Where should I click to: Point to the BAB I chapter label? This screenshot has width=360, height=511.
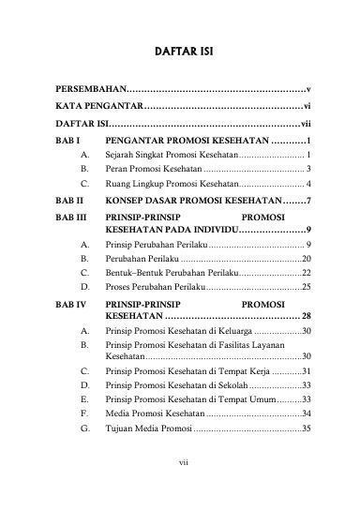click(x=67, y=139)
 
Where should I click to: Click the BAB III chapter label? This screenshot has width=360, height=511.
click(x=71, y=217)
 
